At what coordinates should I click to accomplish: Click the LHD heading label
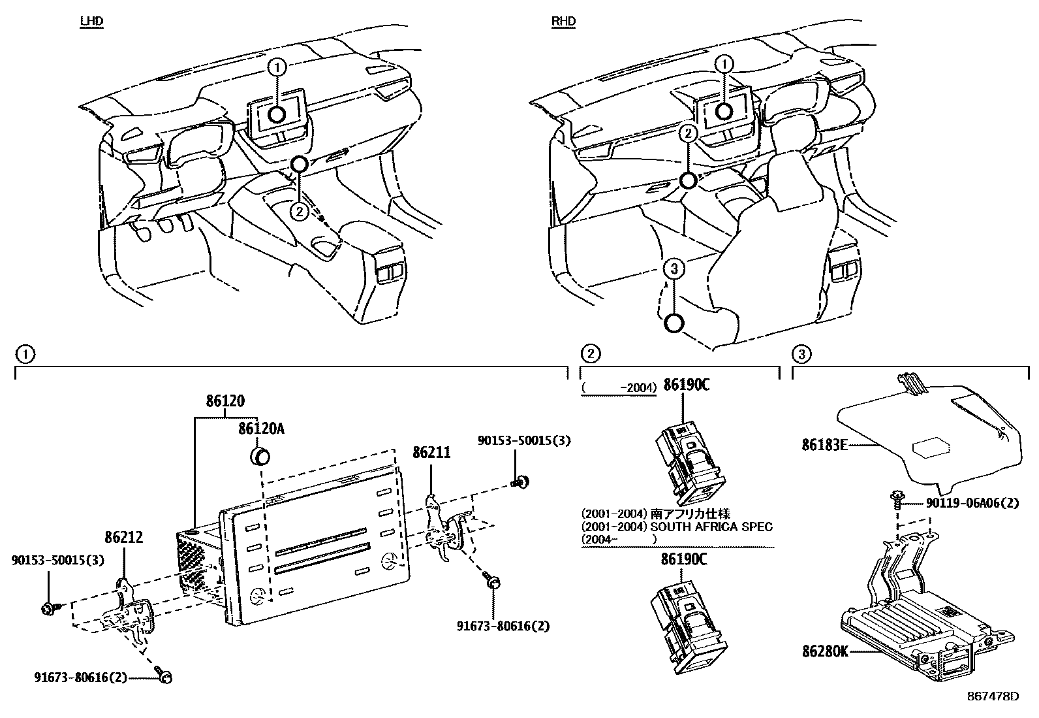(x=91, y=22)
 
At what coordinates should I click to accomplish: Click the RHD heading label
(x=563, y=22)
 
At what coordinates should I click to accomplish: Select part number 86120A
(x=261, y=429)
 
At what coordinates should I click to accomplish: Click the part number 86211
(x=431, y=452)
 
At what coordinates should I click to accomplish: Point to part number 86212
(x=123, y=538)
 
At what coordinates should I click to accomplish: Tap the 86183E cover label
(x=824, y=446)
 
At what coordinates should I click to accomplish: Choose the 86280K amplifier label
(x=825, y=651)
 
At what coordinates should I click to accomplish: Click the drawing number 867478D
(x=993, y=696)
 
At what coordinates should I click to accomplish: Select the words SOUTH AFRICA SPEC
(x=713, y=527)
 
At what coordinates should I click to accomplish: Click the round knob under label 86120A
(x=261, y=455)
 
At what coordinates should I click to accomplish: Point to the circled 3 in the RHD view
(x=674, y=267)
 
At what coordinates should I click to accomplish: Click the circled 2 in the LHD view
(x=299, y=211)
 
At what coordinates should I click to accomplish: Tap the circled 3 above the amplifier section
(x=801, y=355)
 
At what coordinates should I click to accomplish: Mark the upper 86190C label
(x=686, y=385)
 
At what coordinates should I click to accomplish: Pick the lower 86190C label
(x=683, y=559)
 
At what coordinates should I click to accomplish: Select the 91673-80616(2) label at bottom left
(x=80, y=678)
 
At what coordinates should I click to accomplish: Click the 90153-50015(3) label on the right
(x=524, y=441)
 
